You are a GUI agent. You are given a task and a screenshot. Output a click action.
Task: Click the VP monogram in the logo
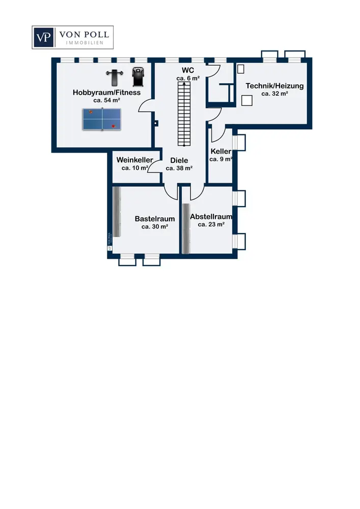(43, 37)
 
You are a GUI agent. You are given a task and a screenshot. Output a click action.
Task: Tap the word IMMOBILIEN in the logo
(85, 43)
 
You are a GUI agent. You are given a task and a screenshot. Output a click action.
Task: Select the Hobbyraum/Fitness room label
(106, 93)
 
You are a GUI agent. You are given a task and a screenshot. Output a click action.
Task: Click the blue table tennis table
(102, 120)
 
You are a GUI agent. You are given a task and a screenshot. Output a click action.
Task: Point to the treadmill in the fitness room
(137, 77)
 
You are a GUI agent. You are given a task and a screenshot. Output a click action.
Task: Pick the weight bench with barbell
(115, 77)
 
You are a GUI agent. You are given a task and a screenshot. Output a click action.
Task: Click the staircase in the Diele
(184, 114)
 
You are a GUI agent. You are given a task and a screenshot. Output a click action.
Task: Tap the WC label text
(188, 70)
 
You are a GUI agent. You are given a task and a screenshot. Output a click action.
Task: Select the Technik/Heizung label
(274, 86)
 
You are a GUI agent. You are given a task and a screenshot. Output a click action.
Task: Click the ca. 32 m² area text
(274, 94)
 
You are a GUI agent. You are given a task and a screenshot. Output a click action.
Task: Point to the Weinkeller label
(135, 160)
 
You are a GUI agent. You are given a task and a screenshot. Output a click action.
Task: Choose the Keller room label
(221, 151)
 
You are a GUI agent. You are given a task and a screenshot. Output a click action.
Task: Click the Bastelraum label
(155, 219)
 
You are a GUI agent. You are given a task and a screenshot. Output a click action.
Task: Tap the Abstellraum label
(211, 216)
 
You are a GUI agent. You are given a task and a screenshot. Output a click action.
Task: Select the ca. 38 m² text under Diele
(179, 168)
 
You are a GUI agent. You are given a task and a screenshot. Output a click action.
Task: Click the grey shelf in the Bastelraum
(117, 212)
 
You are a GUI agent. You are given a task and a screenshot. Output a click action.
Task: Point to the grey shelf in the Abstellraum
(186, 229)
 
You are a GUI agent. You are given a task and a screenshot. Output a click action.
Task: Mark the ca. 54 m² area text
(106, 100)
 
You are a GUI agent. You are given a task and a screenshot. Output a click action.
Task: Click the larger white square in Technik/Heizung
(247, 100)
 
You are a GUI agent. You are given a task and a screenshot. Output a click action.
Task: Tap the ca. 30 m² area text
(155, 227)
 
